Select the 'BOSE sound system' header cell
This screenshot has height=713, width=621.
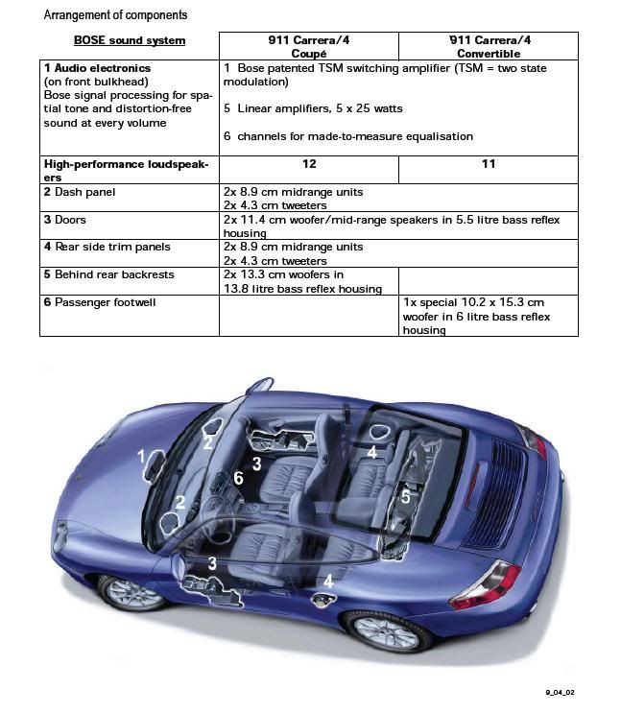click(130, 41)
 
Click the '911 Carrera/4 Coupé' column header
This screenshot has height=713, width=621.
click(308, 46)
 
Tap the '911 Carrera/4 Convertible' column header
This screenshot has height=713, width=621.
click(488, 46)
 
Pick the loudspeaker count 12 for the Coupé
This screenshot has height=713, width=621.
click(309, 164)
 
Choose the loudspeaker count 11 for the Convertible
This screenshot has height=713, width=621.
click(489, 164)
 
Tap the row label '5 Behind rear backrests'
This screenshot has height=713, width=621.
click(109, 274)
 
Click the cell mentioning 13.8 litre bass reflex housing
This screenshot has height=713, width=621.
click(302, 281)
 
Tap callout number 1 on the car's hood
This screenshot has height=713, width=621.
click(141, 457)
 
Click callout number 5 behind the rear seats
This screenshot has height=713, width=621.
click(405, 497)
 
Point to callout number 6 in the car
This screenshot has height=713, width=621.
click(238, 478)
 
